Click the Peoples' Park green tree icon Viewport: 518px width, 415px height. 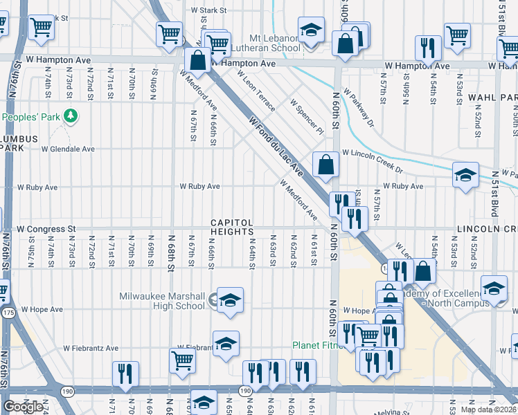click(x=70, y=116)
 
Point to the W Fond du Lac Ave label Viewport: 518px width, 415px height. click(x=276, y=146)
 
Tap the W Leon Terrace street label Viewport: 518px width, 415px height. click(x=256, y=90)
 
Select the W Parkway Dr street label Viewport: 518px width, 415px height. click(x=358, y=111)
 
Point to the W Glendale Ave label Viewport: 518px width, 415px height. click(x=68, y=149)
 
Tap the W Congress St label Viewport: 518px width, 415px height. click(x=46, y=228)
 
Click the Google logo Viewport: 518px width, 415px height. click(x=24, y=407)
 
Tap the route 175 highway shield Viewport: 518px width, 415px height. click(x=8, y=313)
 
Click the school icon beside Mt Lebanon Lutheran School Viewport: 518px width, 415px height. click(x=311, y=31)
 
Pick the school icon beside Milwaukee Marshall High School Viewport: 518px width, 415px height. click(x=230, y=300)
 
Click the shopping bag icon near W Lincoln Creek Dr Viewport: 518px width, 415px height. click(x=325, y=165)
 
